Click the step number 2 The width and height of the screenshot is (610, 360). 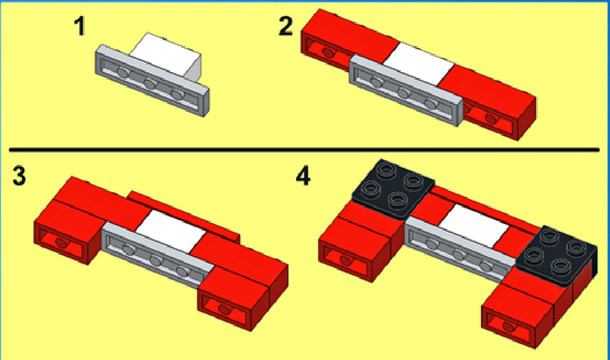tap(285, 27)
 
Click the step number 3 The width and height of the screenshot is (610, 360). tap(19, 176)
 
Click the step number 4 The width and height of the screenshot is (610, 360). tap(303, 176)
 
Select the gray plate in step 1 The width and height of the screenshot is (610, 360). tap(152, 80)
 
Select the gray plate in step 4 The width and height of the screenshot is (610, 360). tap(462, 249)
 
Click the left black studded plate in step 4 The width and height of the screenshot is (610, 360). tap(393, 187)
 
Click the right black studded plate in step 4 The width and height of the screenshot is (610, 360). tap(557, 255)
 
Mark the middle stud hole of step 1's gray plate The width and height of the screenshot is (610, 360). tap(150, 83)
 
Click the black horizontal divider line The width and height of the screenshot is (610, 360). tap(304, 149)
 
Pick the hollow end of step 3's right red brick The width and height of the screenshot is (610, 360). tap(226, 310)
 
